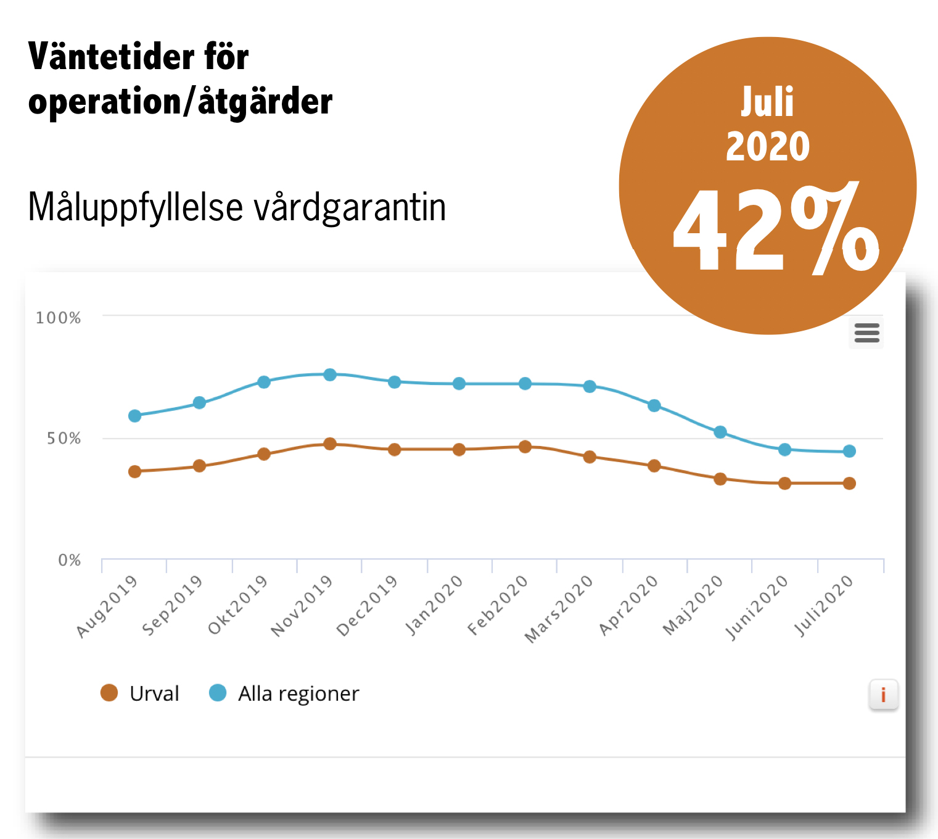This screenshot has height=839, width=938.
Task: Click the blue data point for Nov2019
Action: tap(330, 374)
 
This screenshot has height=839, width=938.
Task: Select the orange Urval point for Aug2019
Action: tap(134, 471)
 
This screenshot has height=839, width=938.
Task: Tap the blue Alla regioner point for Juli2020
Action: tap(849, 451)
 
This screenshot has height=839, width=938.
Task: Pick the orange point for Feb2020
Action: tap(525, 447)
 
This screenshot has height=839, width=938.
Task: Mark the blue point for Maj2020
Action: tap(720, 432)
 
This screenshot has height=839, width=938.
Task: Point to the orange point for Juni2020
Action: tap(784, 483)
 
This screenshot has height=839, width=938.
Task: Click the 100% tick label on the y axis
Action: tap(58, 318)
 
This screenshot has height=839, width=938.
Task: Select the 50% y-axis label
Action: tap(64, 439)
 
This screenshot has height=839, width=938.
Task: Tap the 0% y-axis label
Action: tap(69, 560)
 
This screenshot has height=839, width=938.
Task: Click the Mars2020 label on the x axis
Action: tap(559, 609)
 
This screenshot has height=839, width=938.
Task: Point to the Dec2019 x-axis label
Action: tap(366, 605)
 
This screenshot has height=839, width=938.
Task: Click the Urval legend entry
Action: tap(140, 693)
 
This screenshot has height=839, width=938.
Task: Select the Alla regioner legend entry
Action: tap(284, 693)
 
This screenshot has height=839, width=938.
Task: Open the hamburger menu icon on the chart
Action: tap(866, 333)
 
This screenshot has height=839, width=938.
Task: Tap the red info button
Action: tap(883, 695)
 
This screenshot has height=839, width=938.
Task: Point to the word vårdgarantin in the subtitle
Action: tap(350, 207)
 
